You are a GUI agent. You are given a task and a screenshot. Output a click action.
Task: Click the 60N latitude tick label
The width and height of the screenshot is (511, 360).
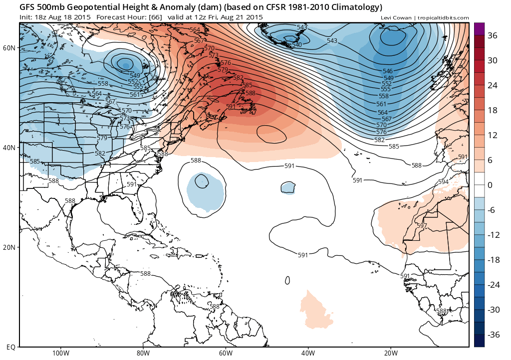[9, 47]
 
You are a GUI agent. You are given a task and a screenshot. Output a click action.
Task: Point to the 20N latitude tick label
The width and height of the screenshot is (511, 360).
[9, 247]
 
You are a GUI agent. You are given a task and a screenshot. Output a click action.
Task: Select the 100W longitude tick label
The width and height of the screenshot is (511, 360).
[60, 353]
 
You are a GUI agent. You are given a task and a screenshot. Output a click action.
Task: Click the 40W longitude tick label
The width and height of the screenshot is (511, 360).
[308, 353]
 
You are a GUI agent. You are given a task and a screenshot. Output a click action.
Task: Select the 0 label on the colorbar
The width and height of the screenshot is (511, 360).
[490, 185]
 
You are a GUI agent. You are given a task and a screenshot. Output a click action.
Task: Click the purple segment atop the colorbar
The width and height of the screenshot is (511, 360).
[479, 29]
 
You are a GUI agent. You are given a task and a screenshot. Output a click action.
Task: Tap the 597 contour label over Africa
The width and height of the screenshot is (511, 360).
[422, 226]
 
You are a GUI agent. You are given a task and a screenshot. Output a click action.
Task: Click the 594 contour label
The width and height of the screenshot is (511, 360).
[443, 182]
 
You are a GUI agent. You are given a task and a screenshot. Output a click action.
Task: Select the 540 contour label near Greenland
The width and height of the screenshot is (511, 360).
[297, 45]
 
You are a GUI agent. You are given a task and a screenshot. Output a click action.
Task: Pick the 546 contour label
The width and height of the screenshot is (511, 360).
[388, 72]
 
